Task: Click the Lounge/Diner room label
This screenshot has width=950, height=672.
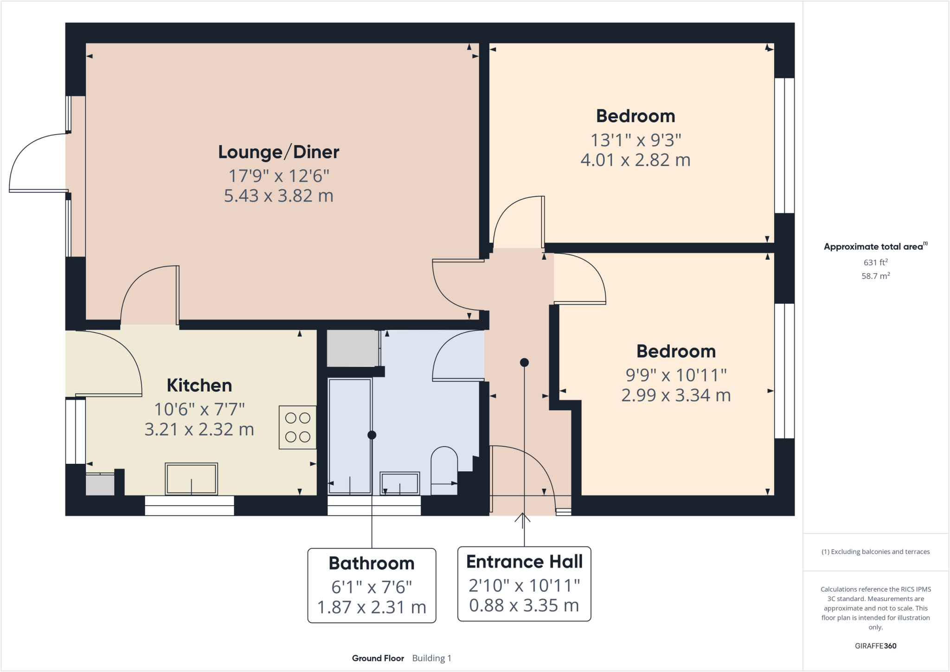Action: (x=278, y=152)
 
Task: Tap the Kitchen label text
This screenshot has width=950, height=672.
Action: (x=199, y=385)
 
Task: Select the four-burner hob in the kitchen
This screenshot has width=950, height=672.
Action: (x=297, y=427)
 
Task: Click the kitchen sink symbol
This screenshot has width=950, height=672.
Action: (x=191, y=479)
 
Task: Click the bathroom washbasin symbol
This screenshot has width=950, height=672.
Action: (x=399, y=483)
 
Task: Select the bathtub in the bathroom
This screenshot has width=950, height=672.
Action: (x=350, y=435)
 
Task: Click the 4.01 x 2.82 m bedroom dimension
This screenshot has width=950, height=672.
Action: (x=635, y=160)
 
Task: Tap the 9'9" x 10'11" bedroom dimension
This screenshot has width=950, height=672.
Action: (x=676, y=375)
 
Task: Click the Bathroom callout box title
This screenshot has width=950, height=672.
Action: (x=371, y=563)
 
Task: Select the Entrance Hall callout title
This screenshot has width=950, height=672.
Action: (x=524, y=562)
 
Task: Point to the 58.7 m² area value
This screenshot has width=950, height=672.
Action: (x=875, y=276)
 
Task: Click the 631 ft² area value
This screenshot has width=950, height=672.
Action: (x=875, y=262)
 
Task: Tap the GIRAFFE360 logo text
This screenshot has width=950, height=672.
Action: (x=875, y=646)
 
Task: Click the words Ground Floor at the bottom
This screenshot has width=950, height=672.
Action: (x=378, y=658)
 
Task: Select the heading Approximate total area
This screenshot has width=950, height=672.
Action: (x=873, y=247)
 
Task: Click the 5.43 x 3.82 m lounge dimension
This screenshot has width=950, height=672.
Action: (x=278, y=196)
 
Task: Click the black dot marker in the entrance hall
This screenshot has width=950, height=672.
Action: (x=524, y=362)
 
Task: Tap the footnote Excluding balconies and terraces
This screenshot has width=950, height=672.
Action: (x=875, y=551)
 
